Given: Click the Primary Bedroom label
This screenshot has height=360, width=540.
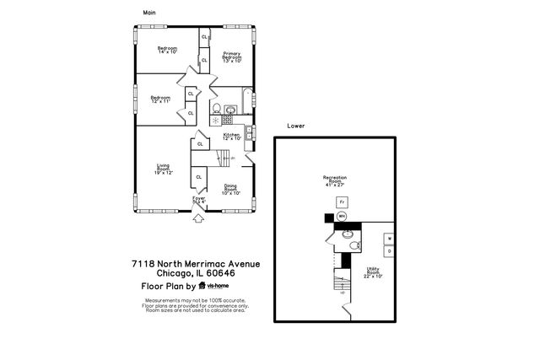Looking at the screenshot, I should pyautogui.click(x=232, y=56).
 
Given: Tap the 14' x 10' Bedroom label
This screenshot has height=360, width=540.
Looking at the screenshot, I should pyautogui.click(x=167, y=50).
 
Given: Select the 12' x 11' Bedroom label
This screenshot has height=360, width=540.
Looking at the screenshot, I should pyautogui.click(x=160, y=99).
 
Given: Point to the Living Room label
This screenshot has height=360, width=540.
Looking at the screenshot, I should pyautogui.click(x=163, y=169).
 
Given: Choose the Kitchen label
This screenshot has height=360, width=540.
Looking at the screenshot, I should pyautogui.click(x=232, y=137).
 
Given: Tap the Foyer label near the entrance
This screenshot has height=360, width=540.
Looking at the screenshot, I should pyautogui.click(x=198, y=200).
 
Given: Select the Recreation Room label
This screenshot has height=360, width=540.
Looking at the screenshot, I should pyautogui.click(x=335, y=180).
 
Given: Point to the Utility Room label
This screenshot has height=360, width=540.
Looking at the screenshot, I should pyautogui.click(x=373, y=272).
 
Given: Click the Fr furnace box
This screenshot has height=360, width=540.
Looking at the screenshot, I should pyautogui.click(x=342, y=202).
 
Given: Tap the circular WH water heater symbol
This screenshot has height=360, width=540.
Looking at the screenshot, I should pyautogui.click(x=342, y=217).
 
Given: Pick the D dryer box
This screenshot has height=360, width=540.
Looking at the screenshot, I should pyautogui.click(x=389, y=251).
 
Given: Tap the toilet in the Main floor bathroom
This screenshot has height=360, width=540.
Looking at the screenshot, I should pyautogui.click(x=216, y=109).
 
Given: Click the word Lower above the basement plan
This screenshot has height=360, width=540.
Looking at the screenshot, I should pyautogui.click(x=295, y=126).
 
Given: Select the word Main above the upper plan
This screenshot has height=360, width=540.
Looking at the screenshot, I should pyautogui.click(x=149, y=13).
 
